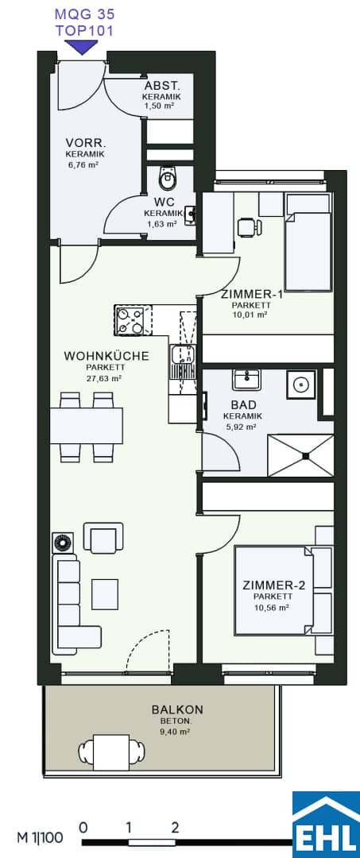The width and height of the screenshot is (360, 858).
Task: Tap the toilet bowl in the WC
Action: pos(168,176)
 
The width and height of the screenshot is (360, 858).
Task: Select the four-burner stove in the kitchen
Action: pos(129,321)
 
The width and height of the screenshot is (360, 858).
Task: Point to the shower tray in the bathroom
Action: pos(300,455)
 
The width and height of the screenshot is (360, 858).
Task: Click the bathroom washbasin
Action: pos(246,379)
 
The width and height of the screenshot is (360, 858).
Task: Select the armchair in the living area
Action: pos(103,537)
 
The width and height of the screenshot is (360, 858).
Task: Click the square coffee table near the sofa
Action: pos(105,594)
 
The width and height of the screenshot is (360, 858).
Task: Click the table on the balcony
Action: pos(111,748)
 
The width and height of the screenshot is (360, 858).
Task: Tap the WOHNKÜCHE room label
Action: pos(106,356)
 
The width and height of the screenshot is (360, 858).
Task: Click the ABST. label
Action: pos(161,86)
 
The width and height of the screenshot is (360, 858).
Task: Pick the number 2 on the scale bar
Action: pos(175,827)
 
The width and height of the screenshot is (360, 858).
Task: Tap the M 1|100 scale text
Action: pos(40,837)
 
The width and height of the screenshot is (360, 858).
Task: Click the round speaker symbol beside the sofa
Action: pos(62,543)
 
